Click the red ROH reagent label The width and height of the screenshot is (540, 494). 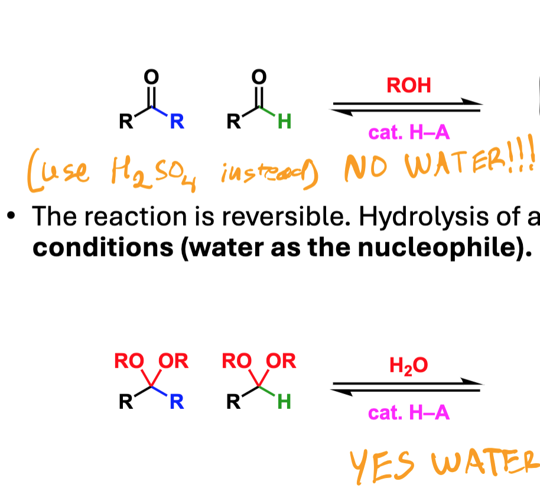pyautogui.click(x=409, y=86)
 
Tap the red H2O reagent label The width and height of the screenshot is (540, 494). pyautogui.click(x=408, y=366)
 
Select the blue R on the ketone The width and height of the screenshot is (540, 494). pyautogui.click(x=177, y=121)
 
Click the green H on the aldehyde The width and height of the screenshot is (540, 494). pyautogui.click(x=284, y=121)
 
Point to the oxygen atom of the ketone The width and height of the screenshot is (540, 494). pyautogui.click(x=151, y=76)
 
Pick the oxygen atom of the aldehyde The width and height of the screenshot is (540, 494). pyautogui.click(x=259, y=76)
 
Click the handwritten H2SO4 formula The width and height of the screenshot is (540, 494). pyautogui.click(x=154, y=172)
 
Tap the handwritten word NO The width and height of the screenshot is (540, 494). pyautogui.click(x=366, y=167)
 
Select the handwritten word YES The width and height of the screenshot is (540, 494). pyautogui.click(x=382, y=465)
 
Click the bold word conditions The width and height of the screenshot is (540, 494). pyautogui.click(x=103, y=248)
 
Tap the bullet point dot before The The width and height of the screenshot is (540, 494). pyautogui.click(x=11, y=216)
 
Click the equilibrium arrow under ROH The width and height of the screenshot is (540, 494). pyautogui.click(x=406, y=107)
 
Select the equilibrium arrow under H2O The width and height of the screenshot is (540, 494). pyautogui.click(x=406, y=387)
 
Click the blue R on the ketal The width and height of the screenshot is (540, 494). pyautogui.click(x=177, y=402)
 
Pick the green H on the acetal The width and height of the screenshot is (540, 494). pyautogui.click(x=284, y=402)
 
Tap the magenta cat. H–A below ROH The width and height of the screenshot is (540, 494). pyautogui.click(x=409, y=132)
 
